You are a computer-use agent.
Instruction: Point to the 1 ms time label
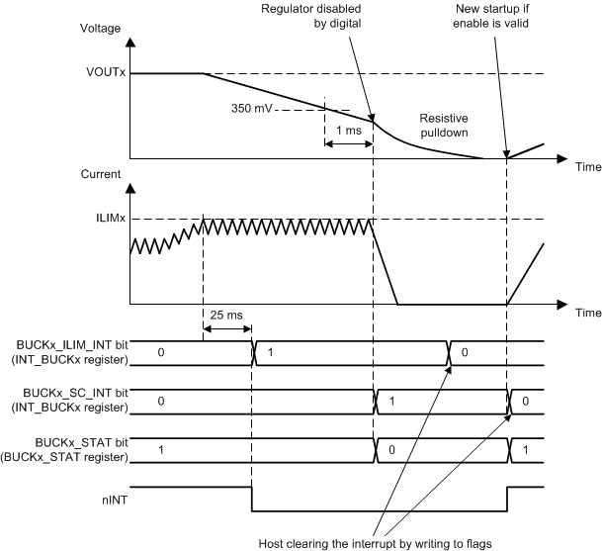pyautogui.click(x=348, y=130)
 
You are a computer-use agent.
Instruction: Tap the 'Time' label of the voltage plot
pyautogui.click(x=587, y=167)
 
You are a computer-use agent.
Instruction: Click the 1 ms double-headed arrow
pyautogui.click(x=348, y=144)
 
